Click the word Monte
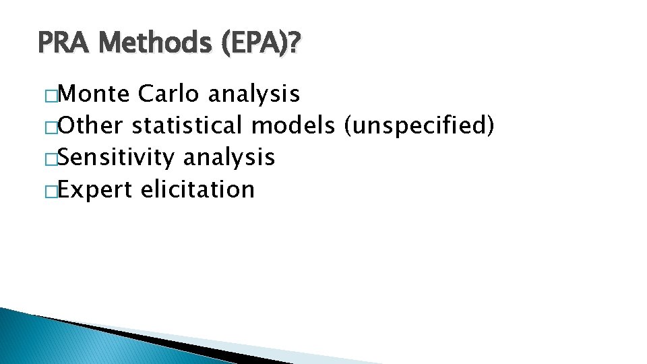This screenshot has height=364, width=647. (x=94, y=94)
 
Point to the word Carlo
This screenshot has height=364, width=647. (x=168, y=94)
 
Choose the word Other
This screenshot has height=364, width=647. (x=92, y=126)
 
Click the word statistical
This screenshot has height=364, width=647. (x=188, y=126)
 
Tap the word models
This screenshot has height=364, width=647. (x=295, y=126)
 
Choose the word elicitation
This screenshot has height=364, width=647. (x=197, y=189)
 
